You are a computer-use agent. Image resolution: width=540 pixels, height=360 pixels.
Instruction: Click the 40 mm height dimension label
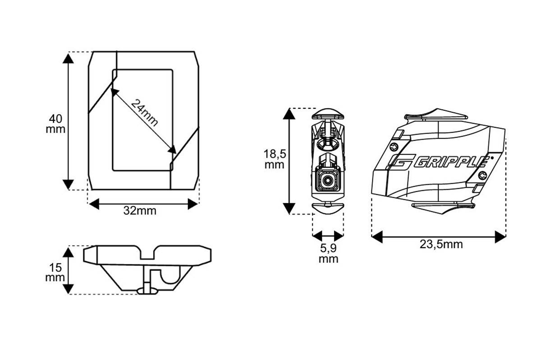pos(57,124)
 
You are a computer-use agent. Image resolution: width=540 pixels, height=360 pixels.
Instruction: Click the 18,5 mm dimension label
pos(274,159)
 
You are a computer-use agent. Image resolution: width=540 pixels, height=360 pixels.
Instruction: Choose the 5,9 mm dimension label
pos(328,254)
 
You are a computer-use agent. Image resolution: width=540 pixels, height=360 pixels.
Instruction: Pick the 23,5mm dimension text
pos(441,245)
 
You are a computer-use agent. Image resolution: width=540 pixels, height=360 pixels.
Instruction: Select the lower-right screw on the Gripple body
pos(484,175)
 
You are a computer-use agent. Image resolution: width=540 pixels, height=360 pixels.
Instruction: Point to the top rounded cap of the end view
pos(328,113)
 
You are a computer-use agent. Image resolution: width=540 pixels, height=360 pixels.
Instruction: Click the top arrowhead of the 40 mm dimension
pos(68,59)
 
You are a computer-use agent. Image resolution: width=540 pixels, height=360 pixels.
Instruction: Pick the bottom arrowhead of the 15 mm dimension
pos(69,288)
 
